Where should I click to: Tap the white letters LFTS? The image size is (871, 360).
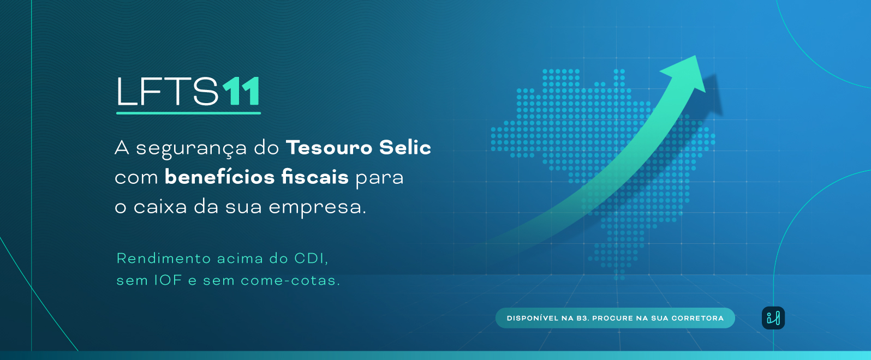[x=167, y=91]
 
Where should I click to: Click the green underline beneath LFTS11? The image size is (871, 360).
[x=189, y=113]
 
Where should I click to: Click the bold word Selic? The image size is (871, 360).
[x=405, y=147]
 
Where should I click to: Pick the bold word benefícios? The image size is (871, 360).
[x=220, y=177]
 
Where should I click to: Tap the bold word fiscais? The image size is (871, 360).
[x=315, y=177]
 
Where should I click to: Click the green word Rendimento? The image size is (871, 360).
[x=164, y=259]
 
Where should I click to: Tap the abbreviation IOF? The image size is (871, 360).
[x=169, y=280]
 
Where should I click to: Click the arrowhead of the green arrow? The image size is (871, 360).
[x=688, y=73]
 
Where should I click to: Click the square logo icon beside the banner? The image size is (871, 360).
[x=773, y=318]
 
